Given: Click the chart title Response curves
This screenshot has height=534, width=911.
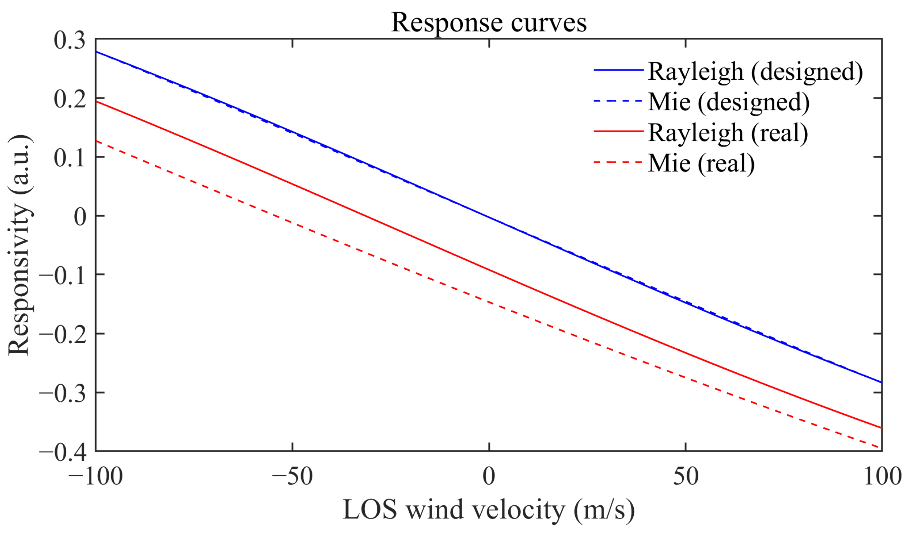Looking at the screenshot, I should (x=488, y=22).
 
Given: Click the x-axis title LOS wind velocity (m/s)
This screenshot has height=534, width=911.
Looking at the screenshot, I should (x=488, y=509).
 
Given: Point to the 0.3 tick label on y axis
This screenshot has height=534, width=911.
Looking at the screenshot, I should (x=70, y=40).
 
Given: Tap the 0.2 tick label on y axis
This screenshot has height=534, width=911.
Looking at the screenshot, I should (x=70, y=99).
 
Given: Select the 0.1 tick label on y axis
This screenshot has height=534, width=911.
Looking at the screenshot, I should (x=70, y=158).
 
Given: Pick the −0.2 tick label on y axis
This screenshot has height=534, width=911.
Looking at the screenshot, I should (x=62, y=334).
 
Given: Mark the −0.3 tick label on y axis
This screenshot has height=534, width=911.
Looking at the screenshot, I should (x=62, y=393).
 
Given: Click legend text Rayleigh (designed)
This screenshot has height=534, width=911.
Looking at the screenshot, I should (x=755, y=71).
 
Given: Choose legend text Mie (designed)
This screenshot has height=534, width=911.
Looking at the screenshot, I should (x=729, y=102).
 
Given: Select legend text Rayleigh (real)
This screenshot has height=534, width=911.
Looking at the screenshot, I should (x=728, y=133).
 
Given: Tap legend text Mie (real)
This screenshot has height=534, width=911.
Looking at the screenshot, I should (x=701, y=163).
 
